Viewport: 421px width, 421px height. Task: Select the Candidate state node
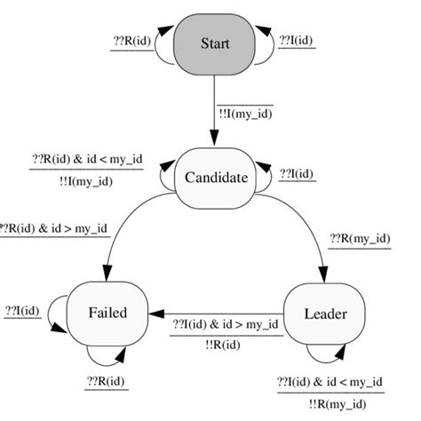pos(215,177)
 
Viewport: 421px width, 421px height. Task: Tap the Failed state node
pos(107,313)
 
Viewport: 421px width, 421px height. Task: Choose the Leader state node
pos(325,313)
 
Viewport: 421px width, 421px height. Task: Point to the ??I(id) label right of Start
pos(297,41)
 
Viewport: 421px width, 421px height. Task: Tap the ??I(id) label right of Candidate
pos(297,174)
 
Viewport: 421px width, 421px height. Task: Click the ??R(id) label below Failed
pos(106,383)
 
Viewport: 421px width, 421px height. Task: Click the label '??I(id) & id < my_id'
pos(331,383)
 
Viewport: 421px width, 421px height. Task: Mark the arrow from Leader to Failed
pos(222,314)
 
